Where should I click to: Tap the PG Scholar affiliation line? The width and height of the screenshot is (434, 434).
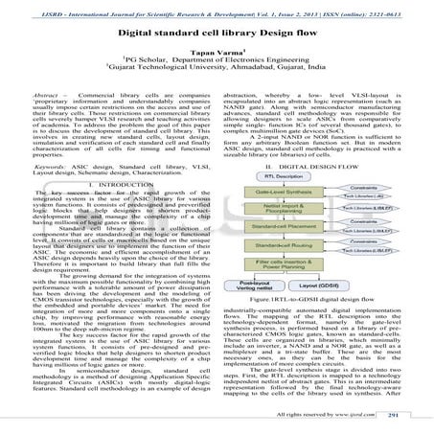[x=217, y=58]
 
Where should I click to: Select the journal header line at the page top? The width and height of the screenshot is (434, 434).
[x=217, y=7]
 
